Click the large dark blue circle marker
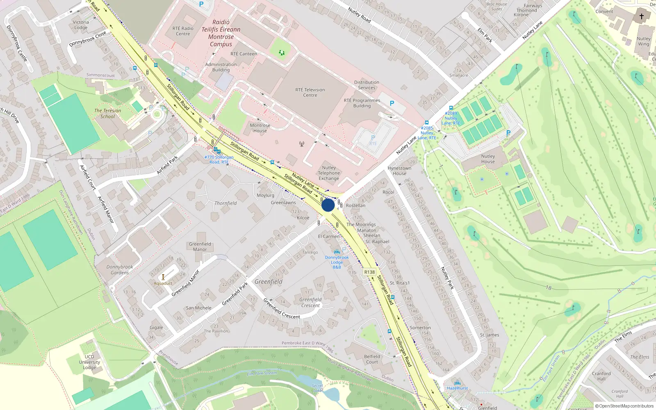click(328, 205)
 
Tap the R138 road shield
click(369, 272)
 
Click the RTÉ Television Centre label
click(310, 93)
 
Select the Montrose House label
click(260, 128)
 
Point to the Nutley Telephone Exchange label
click(329, 173)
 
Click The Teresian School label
click(107, 114)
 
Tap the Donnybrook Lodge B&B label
click(337, 262)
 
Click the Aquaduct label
click(163, 283)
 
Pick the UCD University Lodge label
click(89, 362)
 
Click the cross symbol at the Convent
click(642, 16)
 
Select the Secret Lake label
click(317, 388)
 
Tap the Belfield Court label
click(372, 359)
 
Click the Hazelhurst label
click(457, 388)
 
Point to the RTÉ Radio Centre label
click(183, 31)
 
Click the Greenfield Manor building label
click(200, 246)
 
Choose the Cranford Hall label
click(601, 376)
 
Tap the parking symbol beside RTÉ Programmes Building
click(392, 104)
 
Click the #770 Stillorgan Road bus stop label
click(219, 159)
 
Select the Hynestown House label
click(399, 171)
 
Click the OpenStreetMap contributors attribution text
click(624, 406)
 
